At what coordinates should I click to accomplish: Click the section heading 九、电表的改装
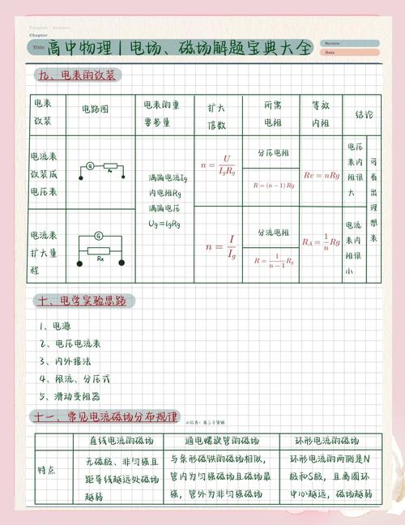coord(78,75)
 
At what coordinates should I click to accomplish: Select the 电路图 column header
coord(95,109)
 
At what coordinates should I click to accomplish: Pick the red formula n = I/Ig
coord(220,245)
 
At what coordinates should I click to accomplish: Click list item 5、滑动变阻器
coord(71,398)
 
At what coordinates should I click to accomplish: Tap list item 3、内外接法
coord(66,362)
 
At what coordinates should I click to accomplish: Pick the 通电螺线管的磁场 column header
coord(220,442)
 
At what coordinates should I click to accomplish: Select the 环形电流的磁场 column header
coord(326,442)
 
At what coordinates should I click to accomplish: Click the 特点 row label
coord(47,471)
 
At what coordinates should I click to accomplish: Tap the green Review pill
coord(349,43)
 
